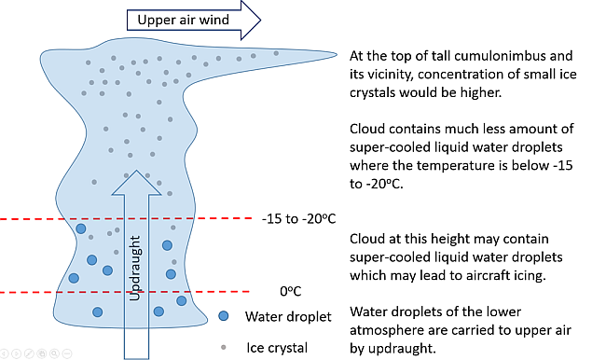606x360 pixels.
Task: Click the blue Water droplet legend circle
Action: tap(222, 316)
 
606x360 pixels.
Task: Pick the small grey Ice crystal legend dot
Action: tap(222, 346)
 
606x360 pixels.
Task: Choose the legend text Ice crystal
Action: tap(277, 347)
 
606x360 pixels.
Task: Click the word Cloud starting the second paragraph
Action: tap(369, 128)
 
